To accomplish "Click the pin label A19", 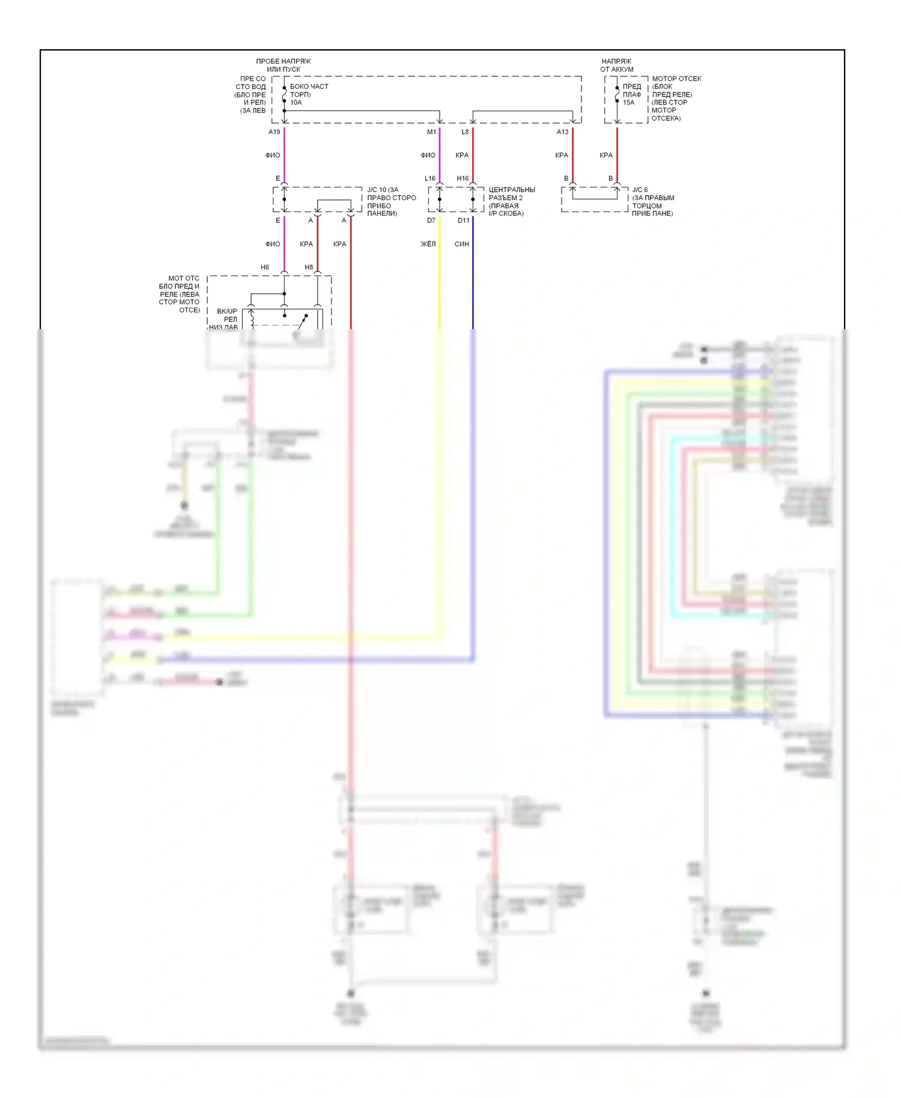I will (x=274, y=132).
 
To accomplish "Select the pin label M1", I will (x=431, y=132).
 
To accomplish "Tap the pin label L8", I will (x=465, y=132).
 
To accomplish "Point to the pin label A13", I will (x=562, y=132).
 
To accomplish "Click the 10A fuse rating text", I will (x=296, y=103).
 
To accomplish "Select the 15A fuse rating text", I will (x=628, y=103).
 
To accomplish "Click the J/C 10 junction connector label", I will (x=383, y=190).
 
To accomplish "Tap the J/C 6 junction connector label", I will (x=640, y=190).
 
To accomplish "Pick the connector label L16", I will (x=429, y=178).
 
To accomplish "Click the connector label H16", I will (x=463, y=178).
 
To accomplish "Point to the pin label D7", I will (x=431, y=220).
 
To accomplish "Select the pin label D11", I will (x=463, y=220).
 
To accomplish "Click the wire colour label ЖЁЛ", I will (x=428, y=244).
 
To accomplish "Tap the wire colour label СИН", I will (x=461, y=244).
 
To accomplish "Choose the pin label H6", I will (x=265, y=267).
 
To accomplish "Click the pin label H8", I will (x=309, y=267).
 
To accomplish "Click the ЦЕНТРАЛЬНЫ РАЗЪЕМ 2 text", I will (x=511, y=194).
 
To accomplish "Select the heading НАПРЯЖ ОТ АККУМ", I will (x=617, y=65).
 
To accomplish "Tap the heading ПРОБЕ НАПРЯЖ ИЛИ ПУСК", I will (x=284, y=65).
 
